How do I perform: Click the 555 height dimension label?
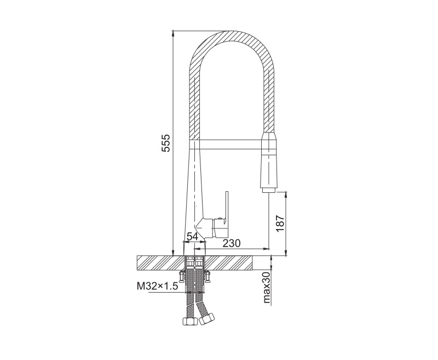[166, 143]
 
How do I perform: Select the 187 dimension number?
[280, 223]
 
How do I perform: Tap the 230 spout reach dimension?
[231, 243]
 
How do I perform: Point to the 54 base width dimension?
[192, 236]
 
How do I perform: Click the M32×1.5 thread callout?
[157, 286]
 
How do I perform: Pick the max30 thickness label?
[267, 287]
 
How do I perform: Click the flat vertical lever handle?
[225, 208]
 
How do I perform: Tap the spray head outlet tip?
[269, 190]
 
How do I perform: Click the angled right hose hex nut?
[207, 319]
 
